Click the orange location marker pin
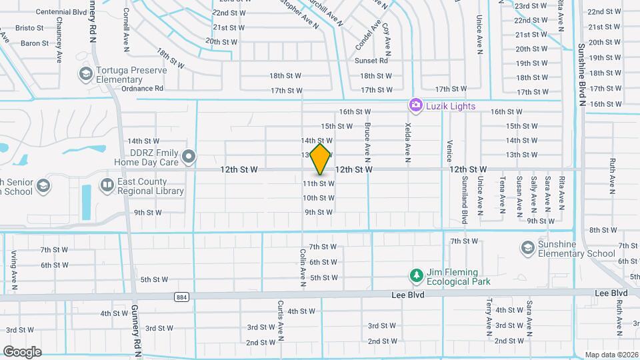(321, 159)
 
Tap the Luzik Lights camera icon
(416, 105)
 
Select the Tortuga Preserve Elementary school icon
(85, 73)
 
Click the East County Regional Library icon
(107, 184)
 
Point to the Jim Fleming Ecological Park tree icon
(417, 275)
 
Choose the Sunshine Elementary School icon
(528, 248)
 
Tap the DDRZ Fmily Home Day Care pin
(189, 157)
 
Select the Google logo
(22, 351)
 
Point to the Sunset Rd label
(375, 61)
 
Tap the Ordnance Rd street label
(142, 88)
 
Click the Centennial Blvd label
(61, 12)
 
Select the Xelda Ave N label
(407, 143)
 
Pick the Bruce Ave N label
(367, 141)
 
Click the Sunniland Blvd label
(465, 199)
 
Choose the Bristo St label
(30, 28)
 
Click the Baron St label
(35, 43)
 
